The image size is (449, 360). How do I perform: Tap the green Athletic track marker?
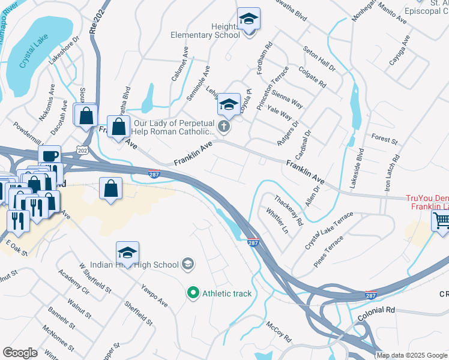tap(193, 293)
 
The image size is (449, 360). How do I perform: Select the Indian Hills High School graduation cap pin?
tap(127, 253)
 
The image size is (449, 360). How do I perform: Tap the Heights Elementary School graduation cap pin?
tap(248, 19)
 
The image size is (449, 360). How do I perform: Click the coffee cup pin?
tap(49, 156)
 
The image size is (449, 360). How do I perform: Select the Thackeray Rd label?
tap(289, 209)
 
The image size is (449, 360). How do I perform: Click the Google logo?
tap(20, 353)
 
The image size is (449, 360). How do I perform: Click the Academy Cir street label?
tap(74, 281)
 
